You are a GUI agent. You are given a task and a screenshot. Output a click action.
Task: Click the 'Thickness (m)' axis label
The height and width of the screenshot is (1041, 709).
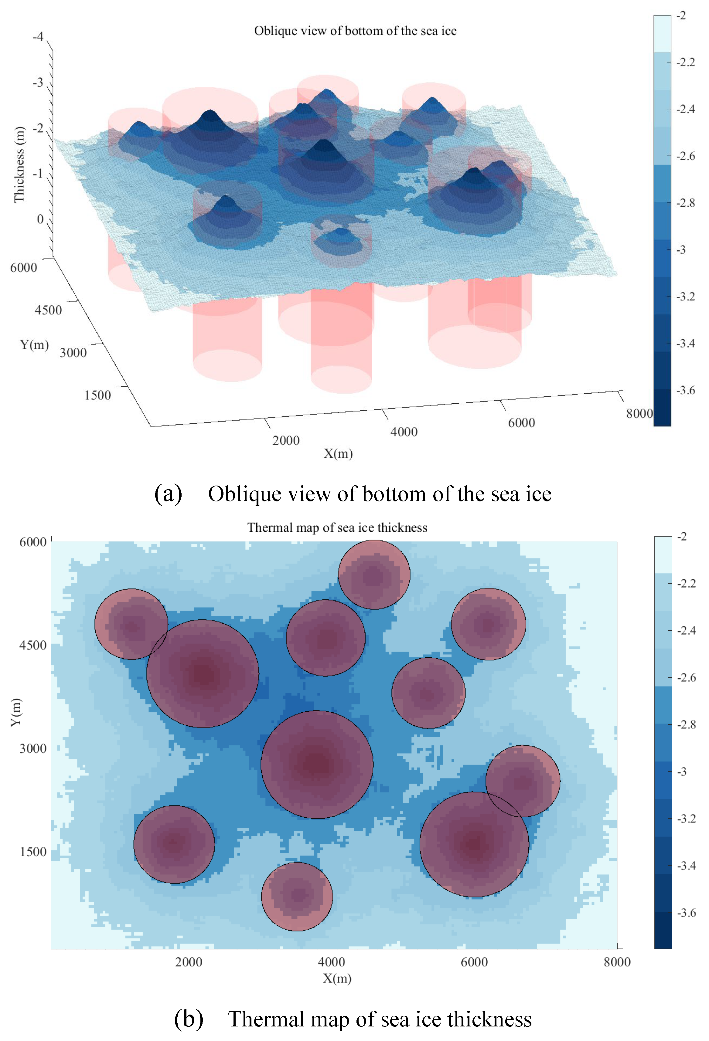coord(19,165)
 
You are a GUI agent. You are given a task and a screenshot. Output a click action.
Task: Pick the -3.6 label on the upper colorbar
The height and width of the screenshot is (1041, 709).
coord(686,390)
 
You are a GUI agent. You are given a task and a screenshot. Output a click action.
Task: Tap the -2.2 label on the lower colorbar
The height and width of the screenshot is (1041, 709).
coord(687,583)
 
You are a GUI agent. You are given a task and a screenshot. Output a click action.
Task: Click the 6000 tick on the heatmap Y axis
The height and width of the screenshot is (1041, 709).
coord(33,542)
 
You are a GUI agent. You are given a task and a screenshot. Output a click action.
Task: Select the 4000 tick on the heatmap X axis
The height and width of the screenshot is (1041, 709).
coord(331,962)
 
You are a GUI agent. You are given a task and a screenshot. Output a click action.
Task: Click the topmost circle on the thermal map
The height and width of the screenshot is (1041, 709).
coord(374,575)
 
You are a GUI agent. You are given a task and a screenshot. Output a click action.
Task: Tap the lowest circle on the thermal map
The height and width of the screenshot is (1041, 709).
coord(297,896)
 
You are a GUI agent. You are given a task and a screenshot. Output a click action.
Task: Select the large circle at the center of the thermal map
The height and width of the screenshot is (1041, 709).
coord(317,764)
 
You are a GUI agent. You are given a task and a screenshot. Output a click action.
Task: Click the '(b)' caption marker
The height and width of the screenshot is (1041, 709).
coord(188,1019)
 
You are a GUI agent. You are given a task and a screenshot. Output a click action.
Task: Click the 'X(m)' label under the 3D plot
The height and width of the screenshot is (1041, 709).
coord(338,453)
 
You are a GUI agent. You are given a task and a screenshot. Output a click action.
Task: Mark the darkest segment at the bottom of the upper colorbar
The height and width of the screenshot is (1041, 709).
coord(662,408)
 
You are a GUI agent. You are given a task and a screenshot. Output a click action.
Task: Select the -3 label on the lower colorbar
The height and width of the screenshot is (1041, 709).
coord(682,771)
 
